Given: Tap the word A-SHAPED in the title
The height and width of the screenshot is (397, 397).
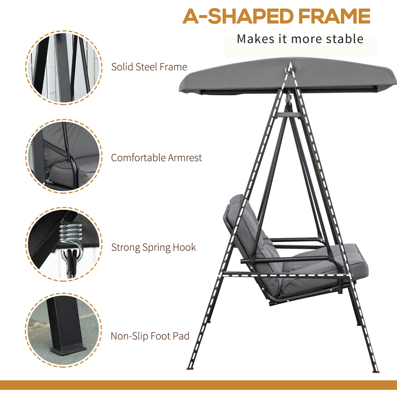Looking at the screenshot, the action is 238,16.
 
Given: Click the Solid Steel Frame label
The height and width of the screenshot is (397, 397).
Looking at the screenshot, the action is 149,67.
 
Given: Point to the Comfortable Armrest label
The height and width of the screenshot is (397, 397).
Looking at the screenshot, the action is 156,158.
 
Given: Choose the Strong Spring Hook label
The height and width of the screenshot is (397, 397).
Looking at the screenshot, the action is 153,247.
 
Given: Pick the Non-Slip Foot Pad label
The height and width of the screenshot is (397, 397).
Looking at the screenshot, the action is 150,336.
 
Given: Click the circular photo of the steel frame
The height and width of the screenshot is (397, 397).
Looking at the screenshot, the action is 64,67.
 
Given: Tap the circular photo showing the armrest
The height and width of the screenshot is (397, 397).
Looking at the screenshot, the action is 64,156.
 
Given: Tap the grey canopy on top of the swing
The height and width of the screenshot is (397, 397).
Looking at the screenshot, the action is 288,76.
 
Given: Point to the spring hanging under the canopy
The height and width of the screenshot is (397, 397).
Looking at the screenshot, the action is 288,98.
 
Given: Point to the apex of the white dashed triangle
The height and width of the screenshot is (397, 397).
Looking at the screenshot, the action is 291,63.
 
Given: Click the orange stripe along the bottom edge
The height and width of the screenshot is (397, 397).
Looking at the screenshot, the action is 198,385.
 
